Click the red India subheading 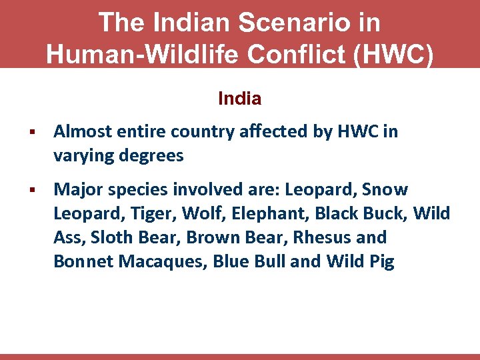click(x=240, y=99)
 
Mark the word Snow click(x=385, y=189)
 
